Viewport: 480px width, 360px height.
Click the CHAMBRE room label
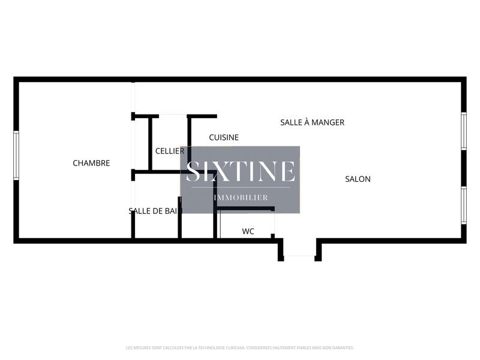(x=91, y=163)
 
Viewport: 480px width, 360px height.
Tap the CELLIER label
(x=170, y=151)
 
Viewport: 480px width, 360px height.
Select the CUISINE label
(x=224, y=137)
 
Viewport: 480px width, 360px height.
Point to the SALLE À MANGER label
(x=312, y=122)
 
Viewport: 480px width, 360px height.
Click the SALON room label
(x=358, y=179)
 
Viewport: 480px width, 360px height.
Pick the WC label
(x=248, y=231)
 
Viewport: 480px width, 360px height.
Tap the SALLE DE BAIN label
(x=155, y=211)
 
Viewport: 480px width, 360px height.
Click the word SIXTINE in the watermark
(x=240, y=172)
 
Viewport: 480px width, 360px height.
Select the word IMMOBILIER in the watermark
(x=241, y=197)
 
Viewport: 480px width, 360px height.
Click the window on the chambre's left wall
(x=16, y=155)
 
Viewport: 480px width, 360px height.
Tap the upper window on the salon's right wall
(x=464, y=131)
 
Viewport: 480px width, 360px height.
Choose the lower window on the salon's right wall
(x=464, y=205)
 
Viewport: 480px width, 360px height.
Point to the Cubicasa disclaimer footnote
(x=240, y=347)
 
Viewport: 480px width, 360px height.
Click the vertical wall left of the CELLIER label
(x=150, y=144)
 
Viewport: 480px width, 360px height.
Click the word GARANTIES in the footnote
(x=343, y=347)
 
